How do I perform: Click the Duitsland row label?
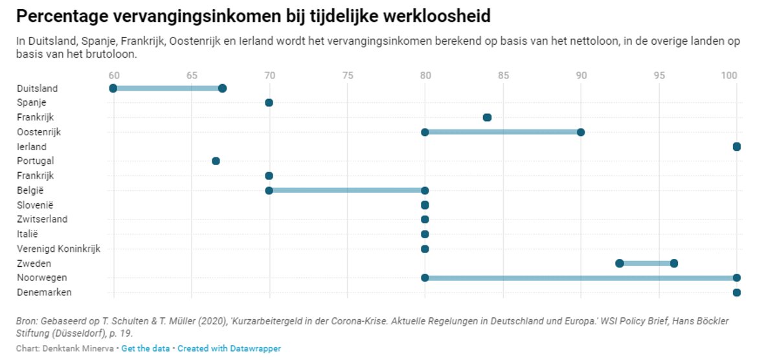pos(37,89)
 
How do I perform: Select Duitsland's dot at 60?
pos(113,88)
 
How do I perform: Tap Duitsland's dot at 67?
pos(222,88)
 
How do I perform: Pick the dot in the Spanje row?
pos(269,103)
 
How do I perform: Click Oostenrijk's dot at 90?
pos(581,132)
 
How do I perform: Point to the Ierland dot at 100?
pos(736,147)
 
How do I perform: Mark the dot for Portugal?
pos(216,161)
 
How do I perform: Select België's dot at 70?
pos(269,190)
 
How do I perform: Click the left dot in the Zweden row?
pos(620,263)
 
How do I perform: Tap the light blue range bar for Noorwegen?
pos(581,278)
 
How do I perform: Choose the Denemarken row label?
pos(44,293)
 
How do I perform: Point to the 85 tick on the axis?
pos(503,75)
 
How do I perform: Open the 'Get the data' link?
pos(145,349)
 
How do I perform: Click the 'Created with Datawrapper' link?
pos(229,349)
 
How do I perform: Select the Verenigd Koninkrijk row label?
pos(58,249)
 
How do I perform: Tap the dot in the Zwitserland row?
pos(425,219)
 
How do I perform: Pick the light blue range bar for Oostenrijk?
pos(502,132)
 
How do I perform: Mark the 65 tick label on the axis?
pos(192,75)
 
